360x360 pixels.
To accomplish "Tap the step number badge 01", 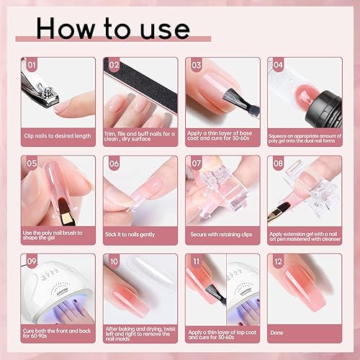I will coord(31,63).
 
